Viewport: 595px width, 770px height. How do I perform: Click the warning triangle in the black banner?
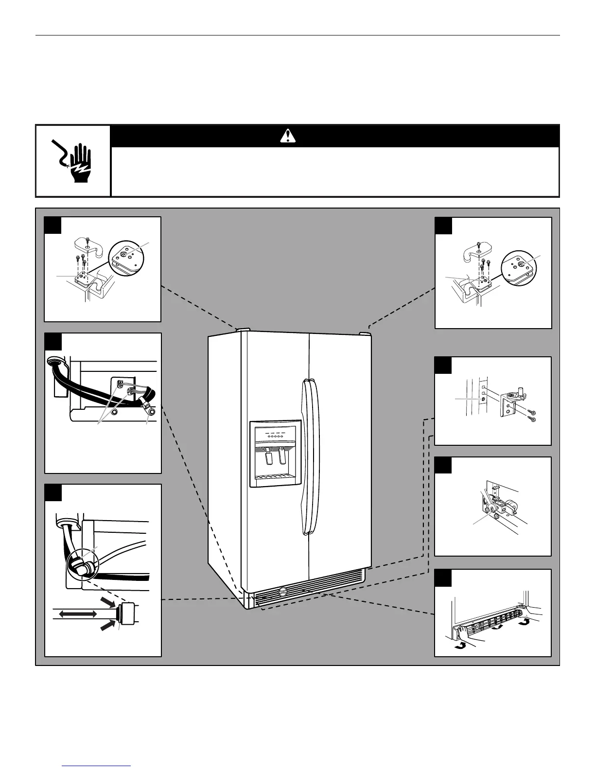coord(288,136)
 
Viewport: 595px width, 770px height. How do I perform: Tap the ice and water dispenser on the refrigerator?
coord(275,454)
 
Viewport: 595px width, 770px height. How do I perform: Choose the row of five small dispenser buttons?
coord(276,436)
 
